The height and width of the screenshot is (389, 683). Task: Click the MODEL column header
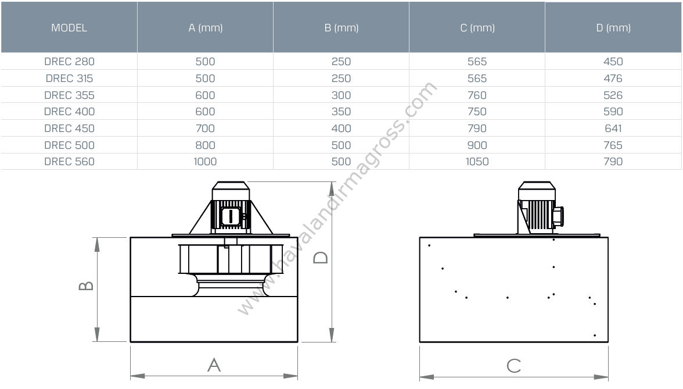[x=69, y=28]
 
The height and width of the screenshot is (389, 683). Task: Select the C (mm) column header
[x=477, y=28]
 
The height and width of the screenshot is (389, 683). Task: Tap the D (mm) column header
[x=613, y=28]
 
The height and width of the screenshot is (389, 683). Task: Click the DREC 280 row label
[x=69, y=62]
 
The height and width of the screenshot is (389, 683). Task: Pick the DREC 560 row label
[x=69, y=162]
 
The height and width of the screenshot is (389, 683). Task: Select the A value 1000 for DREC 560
[x=205, y=162]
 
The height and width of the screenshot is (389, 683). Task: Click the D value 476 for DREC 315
[x=613, y=78]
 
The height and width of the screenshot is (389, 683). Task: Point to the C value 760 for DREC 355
[x=477, y=95]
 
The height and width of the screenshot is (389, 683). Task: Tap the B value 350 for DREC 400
[x=341, y=112]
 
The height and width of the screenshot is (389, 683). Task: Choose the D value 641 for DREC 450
[x=613, y=129]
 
